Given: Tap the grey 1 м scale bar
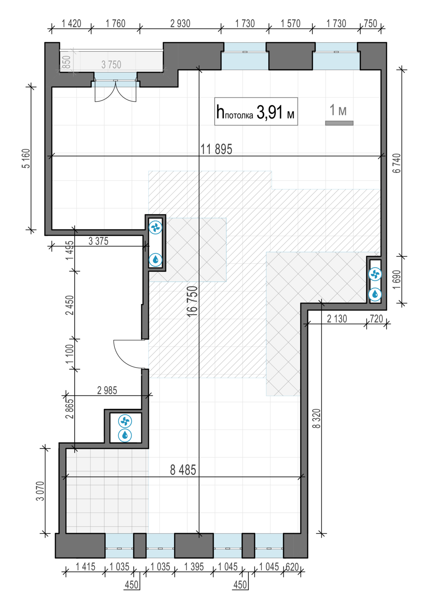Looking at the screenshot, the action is (x=339, y=123).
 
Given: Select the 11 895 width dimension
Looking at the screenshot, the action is (x=216, y=149).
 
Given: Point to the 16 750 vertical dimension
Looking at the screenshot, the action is (x=192, y=301).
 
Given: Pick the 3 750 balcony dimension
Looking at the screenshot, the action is (x=111, y=65).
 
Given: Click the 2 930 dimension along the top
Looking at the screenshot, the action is (x=180, y=24).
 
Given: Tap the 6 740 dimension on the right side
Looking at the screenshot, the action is (x=397, y=163).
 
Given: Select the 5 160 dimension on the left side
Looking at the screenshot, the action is (x=26, y=158).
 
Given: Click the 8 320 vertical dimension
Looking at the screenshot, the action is (x=317, y=419).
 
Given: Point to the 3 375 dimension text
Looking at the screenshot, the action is (x=98, y=241).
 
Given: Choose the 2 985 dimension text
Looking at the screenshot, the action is (x=107, y=391).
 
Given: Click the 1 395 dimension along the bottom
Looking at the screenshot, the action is (x=194, y=567).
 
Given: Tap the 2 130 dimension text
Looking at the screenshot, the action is (x=337, y=319).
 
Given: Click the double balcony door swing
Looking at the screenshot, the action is (x=116, y=91).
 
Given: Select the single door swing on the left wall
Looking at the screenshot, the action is (x=128, y=354).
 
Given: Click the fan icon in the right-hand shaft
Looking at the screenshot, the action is (x=375, y=274).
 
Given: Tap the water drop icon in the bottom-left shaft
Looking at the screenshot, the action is (x=125, y=435).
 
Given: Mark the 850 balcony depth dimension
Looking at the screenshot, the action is (x=67, y=62).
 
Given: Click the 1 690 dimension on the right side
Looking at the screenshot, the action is (x=397, y=280).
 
